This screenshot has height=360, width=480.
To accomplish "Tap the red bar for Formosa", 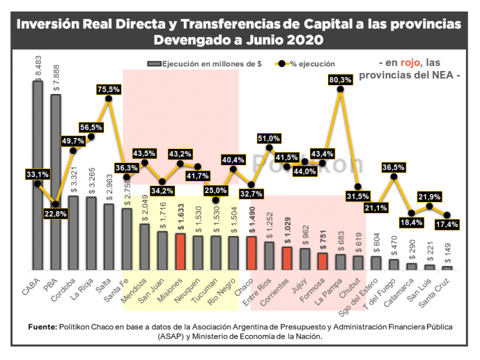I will (x=323, y=261).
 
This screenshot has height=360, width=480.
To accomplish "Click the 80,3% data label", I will (x=340, y=80).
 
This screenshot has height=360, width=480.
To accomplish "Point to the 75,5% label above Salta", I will (x=109, y=89).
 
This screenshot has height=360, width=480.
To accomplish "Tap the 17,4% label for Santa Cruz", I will (x=447, y=224).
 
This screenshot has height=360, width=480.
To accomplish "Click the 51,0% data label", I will (x=269, y=138).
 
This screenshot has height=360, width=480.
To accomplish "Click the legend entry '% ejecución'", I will (x=307, y=64).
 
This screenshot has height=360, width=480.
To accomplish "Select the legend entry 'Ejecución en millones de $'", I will (x=205, y=64).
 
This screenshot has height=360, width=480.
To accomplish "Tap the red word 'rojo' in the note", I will (x=410, y=63).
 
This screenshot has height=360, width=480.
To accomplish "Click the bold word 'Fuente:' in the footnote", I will (x=43, y=326).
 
